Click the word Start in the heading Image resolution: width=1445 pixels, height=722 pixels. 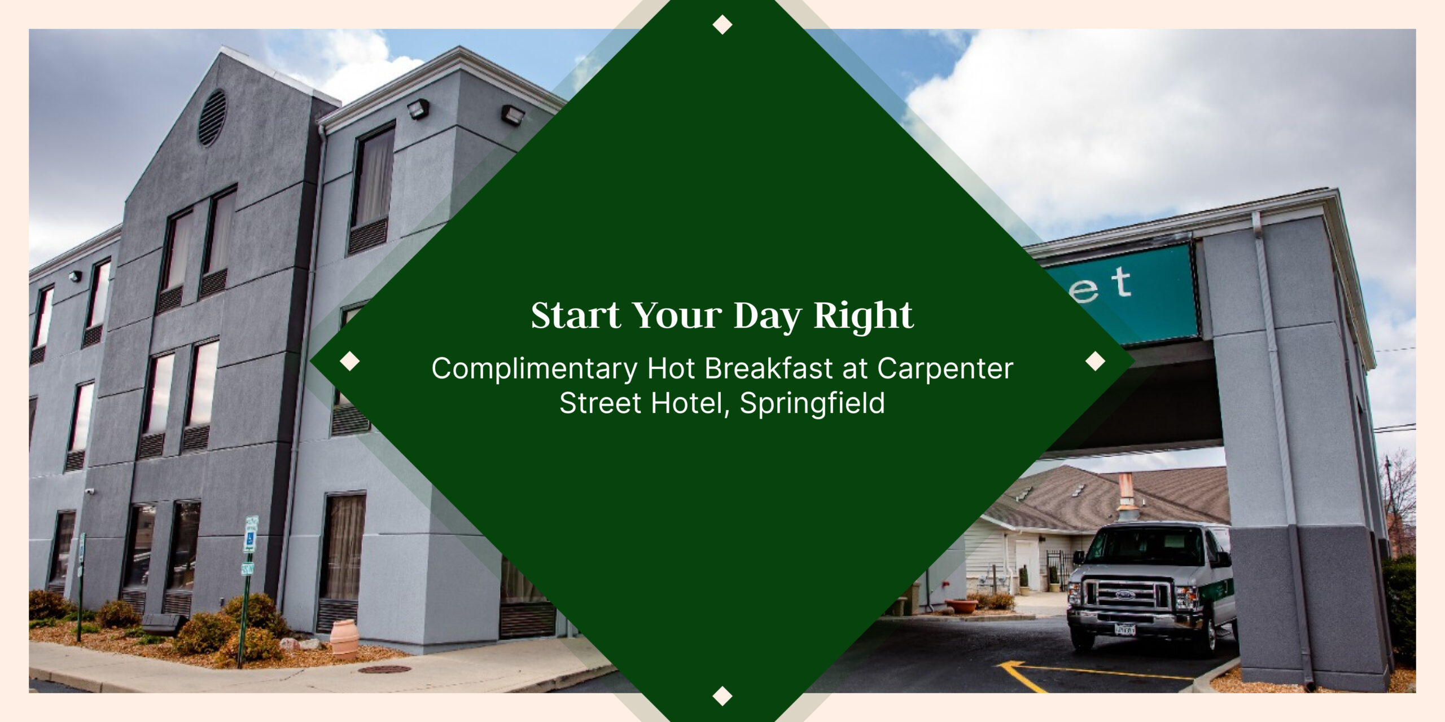[575, 315]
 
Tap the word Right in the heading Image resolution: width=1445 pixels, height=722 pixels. [863, 316]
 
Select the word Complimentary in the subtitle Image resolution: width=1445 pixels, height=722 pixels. [534, 369]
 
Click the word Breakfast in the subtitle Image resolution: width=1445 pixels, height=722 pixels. [769, 369]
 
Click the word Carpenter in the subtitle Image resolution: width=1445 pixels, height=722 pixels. [945, 369]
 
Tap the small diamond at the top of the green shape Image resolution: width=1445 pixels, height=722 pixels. [722, 25]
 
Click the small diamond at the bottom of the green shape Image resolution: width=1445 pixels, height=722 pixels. [722, 696]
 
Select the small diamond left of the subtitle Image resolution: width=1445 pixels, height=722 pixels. [350, 361]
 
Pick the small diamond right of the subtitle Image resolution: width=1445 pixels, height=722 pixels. [1096, 361]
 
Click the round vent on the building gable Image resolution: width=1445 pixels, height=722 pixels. [212, 117]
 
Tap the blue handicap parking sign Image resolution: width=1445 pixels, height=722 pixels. [249, 540]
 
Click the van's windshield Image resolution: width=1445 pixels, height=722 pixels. [1146, 545]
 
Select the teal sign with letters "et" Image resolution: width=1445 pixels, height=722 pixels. [1123, 293]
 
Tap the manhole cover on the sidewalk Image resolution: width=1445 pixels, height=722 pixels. [384, 670]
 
